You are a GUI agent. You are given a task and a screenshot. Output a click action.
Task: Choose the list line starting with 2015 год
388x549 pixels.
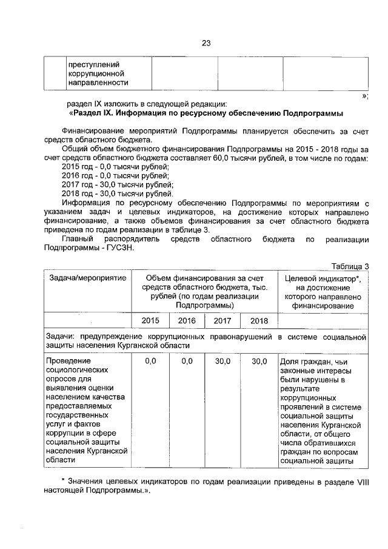click(x=115, y=166)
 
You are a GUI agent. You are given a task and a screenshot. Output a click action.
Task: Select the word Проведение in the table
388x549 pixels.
click(x=68, y=362)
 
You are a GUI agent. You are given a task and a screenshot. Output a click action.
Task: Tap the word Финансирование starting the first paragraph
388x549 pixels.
click(x=94, y=131)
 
